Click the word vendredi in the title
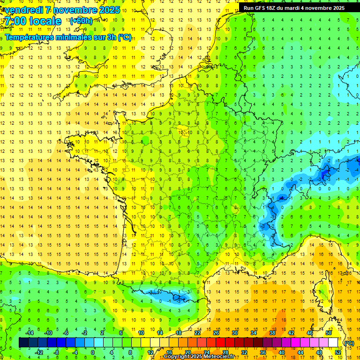tap(24, 10)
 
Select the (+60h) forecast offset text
tap(81, 21)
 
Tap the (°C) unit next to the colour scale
tap(349, 343)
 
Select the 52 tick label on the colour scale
tap(338, 352)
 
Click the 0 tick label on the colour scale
tap(93, 352)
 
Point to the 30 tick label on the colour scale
tap(234, 333)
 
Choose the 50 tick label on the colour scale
tap(328, 333)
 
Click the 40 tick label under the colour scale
tap(282, 352)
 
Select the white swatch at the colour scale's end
tap(333, 343)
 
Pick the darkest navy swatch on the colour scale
tap(23, 343)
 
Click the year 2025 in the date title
tap(110, 10)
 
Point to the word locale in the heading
tap(46, 21)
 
